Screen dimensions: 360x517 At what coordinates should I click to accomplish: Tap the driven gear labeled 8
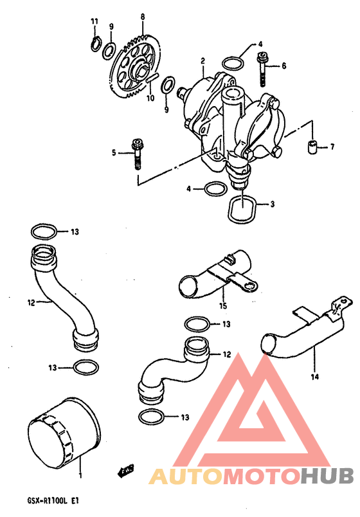[x=134, y=68]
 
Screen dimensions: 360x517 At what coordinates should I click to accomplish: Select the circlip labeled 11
[x=94, y=44]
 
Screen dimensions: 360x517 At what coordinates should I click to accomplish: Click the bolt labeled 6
[x=262, y=69]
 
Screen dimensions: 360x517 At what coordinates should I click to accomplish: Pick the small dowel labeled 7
[x=311, y=147]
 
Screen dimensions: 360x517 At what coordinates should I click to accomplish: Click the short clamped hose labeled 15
[x=217, y=275]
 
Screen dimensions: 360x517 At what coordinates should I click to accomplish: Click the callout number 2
[x=203, y=60]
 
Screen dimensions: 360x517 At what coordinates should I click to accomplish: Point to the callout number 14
[x=315, y=376]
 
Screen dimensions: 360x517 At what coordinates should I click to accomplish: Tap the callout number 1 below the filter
[x=80, y=475]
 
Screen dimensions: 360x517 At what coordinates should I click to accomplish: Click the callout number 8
[x=143, y=17]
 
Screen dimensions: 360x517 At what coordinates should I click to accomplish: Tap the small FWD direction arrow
[x=125, y=471]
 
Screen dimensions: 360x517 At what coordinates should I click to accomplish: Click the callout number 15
[x=223, y=305]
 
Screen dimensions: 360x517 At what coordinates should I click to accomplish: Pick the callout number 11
[x=94, y=21]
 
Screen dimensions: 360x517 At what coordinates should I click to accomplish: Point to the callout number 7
[x=332, y=147]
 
